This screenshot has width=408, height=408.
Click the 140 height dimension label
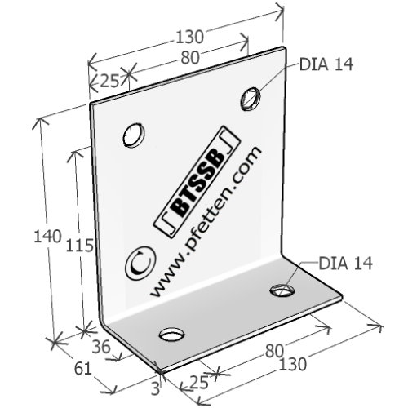point(47,236)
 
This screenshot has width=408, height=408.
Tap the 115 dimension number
point(80,245)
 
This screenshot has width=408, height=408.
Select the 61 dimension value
point(82,369)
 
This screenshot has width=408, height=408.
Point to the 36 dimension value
point(101,347)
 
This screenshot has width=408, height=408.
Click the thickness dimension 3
point(155,388)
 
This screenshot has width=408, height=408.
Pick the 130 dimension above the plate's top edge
point(189,37)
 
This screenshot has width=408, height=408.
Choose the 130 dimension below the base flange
point(293,364)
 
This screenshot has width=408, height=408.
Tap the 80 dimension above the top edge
point(190,58)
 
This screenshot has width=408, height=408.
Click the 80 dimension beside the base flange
point(274,351)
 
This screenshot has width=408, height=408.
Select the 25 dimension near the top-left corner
point(110,81)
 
